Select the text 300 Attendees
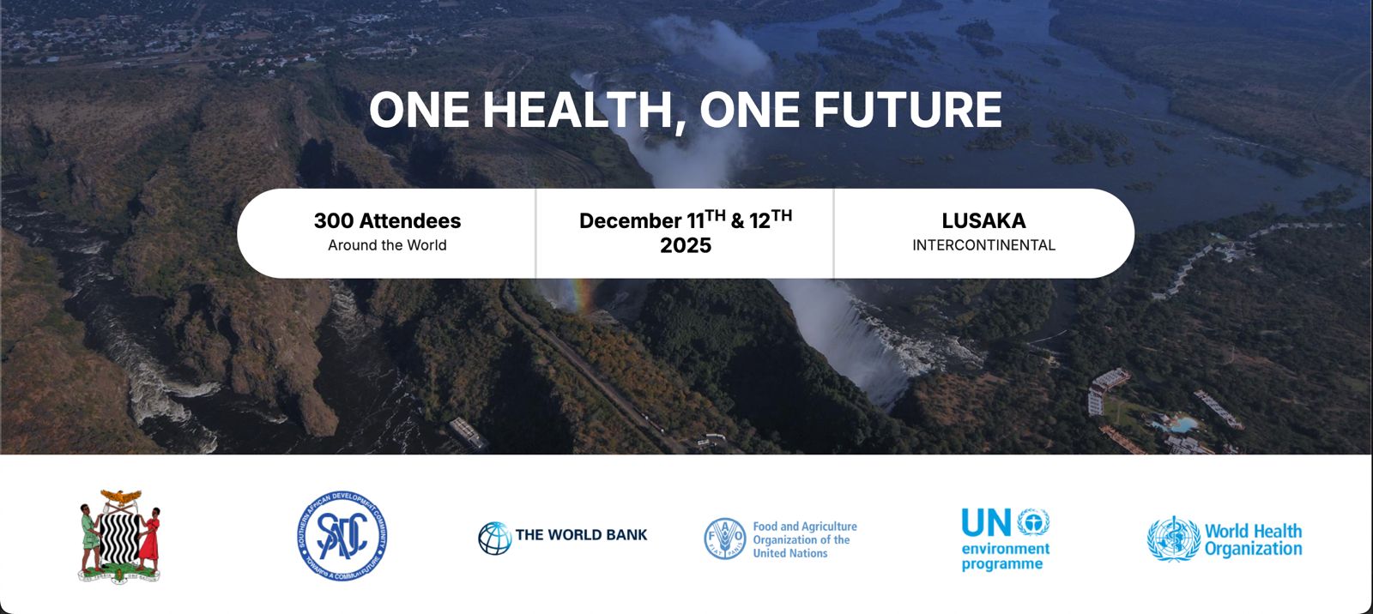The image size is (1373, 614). pos(387,220)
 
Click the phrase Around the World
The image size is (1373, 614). pos(387,245)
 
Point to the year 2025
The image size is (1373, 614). pos(686,246)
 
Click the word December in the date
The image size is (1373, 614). pos(630,221)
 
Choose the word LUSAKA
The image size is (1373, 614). pos(983,220)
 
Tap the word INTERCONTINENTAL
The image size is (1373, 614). pos(983,245)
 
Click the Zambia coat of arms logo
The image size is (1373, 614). pos(119,536)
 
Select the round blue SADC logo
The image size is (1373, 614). pos(342,535)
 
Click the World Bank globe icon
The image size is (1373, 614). pos(494,538)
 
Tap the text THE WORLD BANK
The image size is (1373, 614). pos(581,535)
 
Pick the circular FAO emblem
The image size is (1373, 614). pos(724,539)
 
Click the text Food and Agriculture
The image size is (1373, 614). pos(805,527)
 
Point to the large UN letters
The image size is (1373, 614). pos(986,522)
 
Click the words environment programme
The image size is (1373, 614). pos(1005,556)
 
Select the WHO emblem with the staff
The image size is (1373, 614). pos(1173,539)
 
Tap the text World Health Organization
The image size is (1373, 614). pos(1253,540)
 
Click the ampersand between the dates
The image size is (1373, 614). pos(737,221)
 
